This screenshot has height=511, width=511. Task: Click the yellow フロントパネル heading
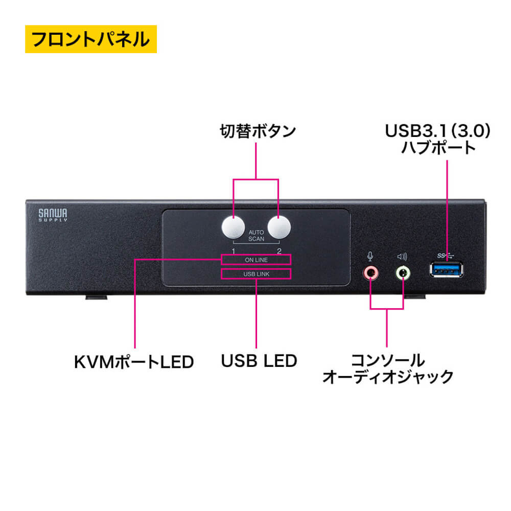pos(90,39)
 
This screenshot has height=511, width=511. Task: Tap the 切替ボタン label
pos(258,131)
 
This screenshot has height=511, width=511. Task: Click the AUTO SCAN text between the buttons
pos(256,235)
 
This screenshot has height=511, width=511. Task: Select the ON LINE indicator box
pos(256,260)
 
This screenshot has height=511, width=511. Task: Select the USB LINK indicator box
pos(256,274)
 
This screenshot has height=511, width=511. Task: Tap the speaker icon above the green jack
pos(403,257)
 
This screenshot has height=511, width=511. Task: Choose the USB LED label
pos(259,361)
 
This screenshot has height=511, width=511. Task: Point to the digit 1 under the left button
pos(233,250)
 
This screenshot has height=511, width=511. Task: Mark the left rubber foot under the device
pos(96,296)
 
